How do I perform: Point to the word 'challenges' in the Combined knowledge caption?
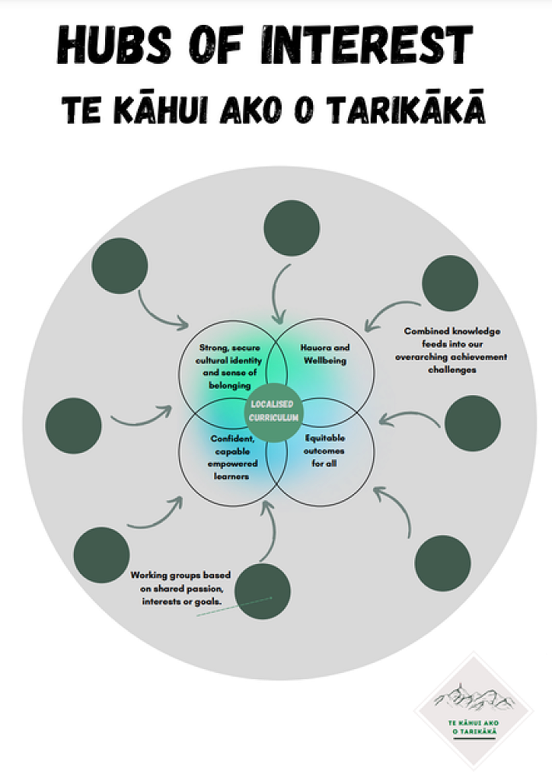[x=452, y=370]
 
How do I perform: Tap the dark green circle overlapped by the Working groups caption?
[x=263, y=591]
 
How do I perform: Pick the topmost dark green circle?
[x=291, y=228]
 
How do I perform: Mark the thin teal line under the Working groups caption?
[x=234, y=607]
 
